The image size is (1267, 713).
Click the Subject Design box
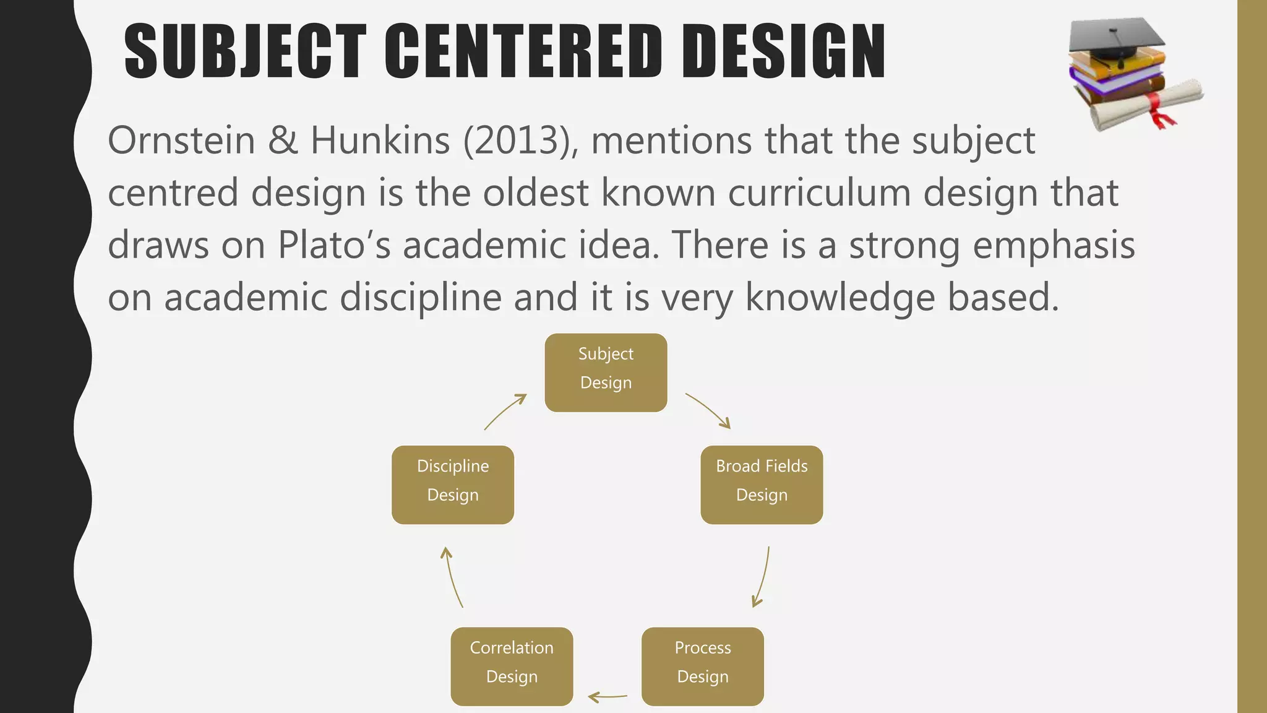(606, 373)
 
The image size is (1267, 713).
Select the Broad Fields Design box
(762, 485)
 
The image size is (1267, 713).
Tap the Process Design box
(702, 666)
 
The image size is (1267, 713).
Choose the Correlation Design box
(512, 666)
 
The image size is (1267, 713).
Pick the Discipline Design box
(453, 485)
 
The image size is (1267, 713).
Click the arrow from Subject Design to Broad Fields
(709, 410)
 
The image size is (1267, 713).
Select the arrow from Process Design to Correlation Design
(607, 697)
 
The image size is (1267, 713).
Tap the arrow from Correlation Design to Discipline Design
(452, 577)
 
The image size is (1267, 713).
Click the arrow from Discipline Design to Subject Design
(505, 411)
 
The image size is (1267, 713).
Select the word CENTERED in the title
(524, 51)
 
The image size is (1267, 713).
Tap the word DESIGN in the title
(784, 51)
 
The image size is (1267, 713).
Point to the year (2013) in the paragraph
(521, 140)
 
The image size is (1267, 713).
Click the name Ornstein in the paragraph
(181, 140)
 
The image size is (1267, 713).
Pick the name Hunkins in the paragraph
(380, 140)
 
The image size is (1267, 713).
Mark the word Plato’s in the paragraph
(334, 245)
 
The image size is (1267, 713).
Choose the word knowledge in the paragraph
(840, 298)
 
